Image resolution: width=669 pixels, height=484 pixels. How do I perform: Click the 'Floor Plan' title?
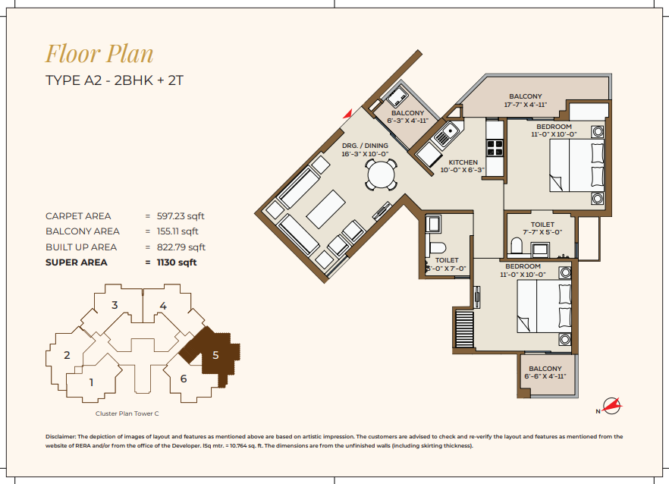click(x=99, y=54)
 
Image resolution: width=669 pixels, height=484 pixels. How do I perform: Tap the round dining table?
click(x=382, y=174)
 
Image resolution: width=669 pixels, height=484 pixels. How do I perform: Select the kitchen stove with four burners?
click(x=495, y=148)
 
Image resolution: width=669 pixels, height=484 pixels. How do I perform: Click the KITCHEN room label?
click(x=463, y=162)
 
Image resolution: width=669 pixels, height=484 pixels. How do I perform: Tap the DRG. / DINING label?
click(x=365, y=146)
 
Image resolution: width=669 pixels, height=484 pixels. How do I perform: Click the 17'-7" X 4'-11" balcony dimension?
click(x=525, y=105)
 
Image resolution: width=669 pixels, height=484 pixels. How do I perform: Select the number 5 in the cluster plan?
click(x=215, y=355)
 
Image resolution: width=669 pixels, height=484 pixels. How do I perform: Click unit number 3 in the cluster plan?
click(x=115, y=305)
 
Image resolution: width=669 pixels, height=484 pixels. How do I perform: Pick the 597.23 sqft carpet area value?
click(x=181, y=216)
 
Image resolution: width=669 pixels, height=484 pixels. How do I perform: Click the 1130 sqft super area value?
click(x=177, y=262)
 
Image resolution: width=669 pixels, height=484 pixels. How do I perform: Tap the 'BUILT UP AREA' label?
click(x=81, y=247)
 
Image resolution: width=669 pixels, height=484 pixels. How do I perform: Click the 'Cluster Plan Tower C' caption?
click(x=127, y=413)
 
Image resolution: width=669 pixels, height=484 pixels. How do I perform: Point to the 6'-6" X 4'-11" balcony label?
click(x=545, y=372)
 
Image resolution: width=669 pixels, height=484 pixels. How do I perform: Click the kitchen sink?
click(x=446, y=134)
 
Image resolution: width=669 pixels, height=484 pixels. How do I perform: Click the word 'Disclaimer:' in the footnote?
click(x=61, y=437)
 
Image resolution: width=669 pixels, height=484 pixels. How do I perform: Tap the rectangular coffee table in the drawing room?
click(x=326, y=209)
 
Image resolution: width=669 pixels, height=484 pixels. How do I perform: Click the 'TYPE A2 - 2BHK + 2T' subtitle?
click(x=115, y=80)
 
